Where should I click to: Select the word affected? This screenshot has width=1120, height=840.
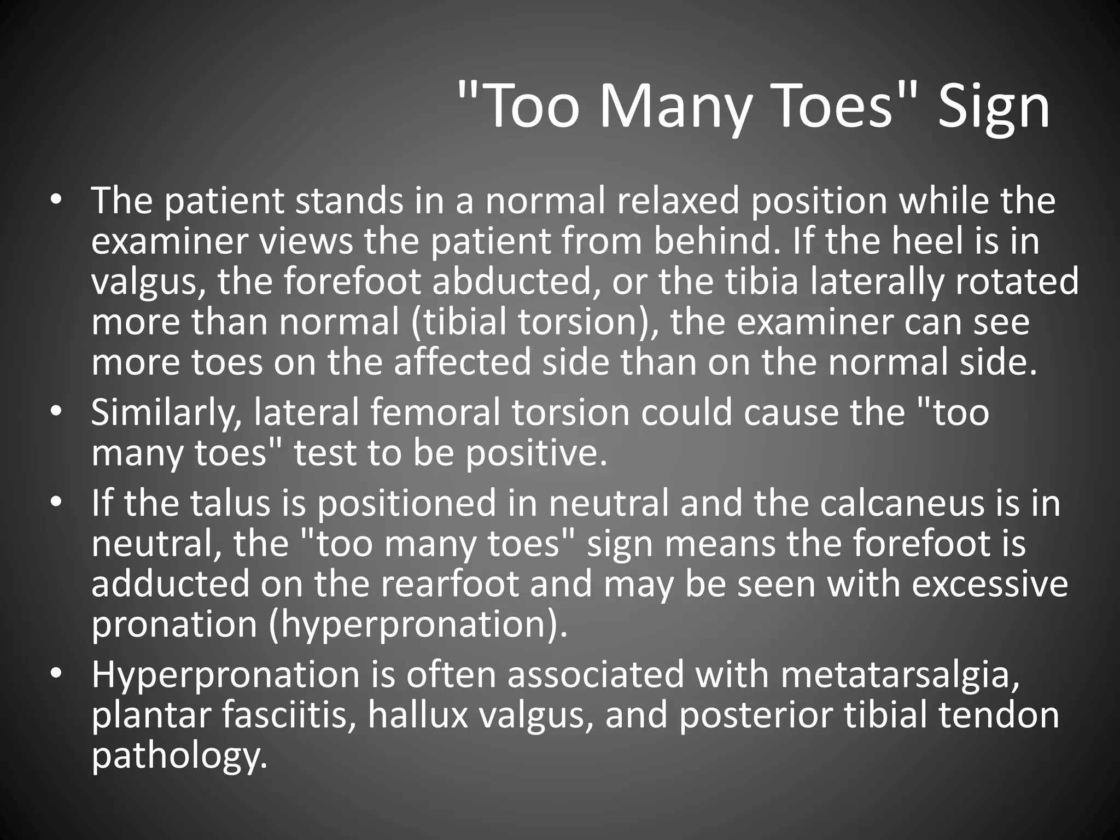tap(462, 363)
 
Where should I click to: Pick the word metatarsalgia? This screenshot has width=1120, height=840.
tap(900, 674)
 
